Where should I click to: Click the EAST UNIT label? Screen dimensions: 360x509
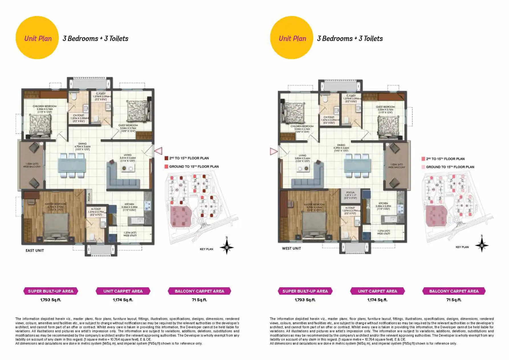(35, 251)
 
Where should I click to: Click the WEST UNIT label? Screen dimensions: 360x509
(291, 248)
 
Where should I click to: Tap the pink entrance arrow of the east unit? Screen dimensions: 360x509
(158, 151)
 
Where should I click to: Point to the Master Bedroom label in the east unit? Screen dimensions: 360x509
(55, 204)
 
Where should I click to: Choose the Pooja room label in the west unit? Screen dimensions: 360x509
(350, 192)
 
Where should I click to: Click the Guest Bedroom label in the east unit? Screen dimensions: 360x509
(128, 125)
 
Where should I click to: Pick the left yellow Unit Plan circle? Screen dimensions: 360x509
(37, 38)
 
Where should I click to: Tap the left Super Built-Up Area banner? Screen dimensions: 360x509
(51, 291)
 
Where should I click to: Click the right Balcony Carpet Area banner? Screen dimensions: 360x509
(454, 291)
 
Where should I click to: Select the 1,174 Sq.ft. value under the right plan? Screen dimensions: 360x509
(377, 300)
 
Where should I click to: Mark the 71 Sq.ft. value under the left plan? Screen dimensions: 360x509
(199, 300)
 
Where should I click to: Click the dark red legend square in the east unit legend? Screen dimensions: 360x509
(166, 158)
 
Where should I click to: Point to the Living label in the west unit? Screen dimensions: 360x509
(302, 156)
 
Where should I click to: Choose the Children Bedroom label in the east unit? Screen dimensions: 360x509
(44, 106)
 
